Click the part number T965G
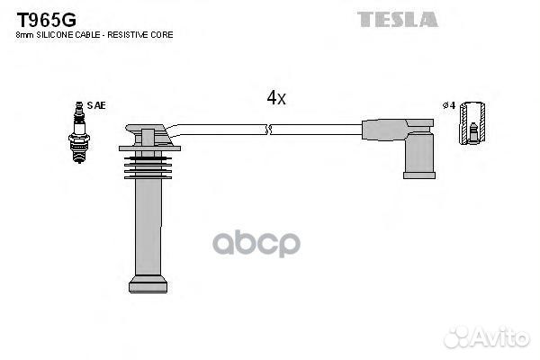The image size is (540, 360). [x=47, y=20]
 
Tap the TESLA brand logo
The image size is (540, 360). [x=398, y=19]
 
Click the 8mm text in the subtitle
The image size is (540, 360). [x=24, y=35]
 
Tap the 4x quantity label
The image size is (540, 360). [x=276, y=98]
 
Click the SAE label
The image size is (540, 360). [x=96, y=105]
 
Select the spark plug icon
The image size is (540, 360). [x=79, y=132]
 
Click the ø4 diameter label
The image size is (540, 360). [x=449, y=105]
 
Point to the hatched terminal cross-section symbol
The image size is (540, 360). [x=472, y=123]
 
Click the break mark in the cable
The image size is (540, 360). [x=269, y=130]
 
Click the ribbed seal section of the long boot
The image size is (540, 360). [x=148, y=167]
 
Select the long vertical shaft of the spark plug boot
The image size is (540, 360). [x=148, y=228]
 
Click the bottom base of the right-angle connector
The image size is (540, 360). [x=419, y=175]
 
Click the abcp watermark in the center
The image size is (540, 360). [x=256, y=244]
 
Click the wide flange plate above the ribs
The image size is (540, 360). [x=149, y=148]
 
